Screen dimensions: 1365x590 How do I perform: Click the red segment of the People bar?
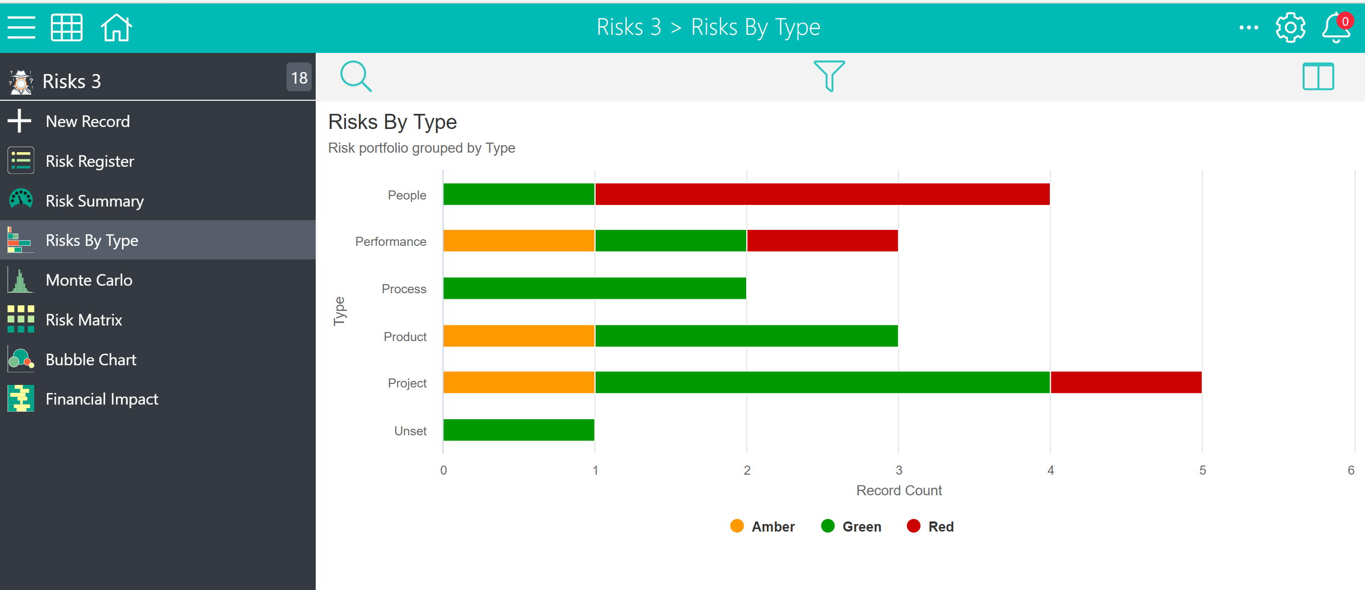[822, 194]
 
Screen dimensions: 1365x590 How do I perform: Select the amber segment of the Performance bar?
[519, 241]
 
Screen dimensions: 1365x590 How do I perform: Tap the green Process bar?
[595, 288]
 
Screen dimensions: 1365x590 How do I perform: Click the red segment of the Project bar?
[1126, 382]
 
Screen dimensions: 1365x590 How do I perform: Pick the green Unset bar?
[519, 430]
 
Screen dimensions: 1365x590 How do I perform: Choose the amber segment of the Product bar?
[519, 336]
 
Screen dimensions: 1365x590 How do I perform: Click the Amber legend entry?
[762, 527]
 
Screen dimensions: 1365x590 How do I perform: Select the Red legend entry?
[930, 527]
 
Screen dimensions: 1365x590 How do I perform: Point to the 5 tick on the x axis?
[1202, 470]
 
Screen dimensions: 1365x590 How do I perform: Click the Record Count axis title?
[899, 490]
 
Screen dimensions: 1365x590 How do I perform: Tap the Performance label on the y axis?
[391, 242]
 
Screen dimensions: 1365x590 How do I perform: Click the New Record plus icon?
[20, 121]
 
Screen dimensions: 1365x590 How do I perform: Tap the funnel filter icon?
[829, 76]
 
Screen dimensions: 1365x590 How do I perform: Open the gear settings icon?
[1290, 28]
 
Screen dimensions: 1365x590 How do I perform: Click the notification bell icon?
[1336, 28]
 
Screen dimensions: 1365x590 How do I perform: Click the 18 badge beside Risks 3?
[299, 78]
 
